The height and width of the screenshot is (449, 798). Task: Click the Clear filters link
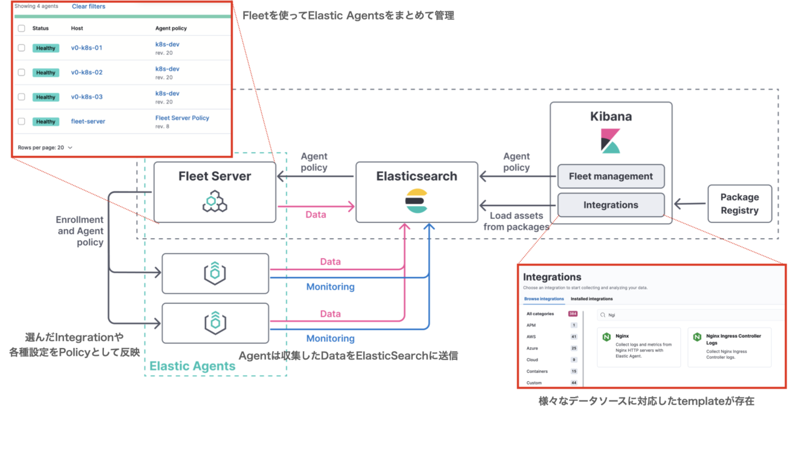(88, 7)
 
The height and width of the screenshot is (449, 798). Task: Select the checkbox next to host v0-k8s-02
(22, 73)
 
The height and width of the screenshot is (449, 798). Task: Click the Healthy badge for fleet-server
(45, 121)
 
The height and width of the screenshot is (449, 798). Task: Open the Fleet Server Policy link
(182, 118)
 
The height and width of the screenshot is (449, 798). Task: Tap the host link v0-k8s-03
(87, 97)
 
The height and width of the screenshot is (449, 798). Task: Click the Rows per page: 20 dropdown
(45, 147)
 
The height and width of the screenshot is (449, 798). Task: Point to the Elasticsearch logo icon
(416, 201)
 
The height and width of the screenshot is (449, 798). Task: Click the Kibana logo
(611, 140)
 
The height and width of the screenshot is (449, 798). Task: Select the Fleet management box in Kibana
(611, 176)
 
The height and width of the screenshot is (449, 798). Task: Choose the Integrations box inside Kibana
(611, 205)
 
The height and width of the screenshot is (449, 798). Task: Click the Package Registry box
(739, 204)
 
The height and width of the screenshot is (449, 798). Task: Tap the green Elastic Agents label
(192, 366)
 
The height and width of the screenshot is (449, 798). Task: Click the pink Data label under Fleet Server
(316, 215)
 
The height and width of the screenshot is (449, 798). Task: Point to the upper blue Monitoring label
(330, 286)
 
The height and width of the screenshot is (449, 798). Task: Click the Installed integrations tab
(591, 299)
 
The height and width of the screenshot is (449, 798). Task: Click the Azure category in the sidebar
(532, 348)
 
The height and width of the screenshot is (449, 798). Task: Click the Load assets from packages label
(516, 221)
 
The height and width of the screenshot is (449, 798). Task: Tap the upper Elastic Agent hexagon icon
(215, 273)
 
